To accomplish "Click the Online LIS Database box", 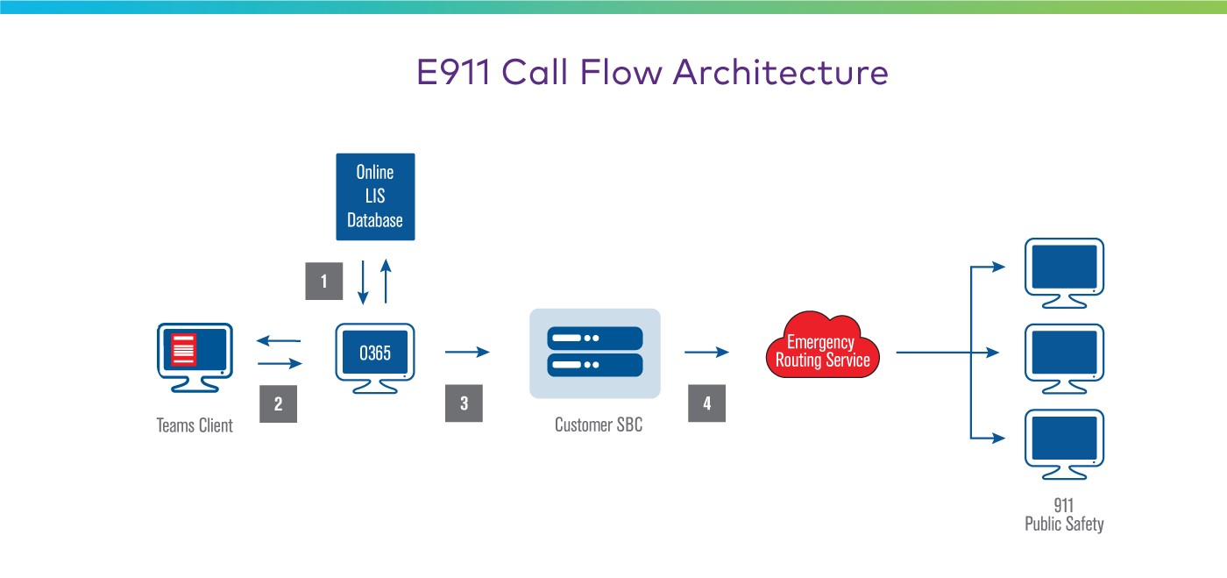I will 375,196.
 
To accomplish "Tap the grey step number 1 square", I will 323,282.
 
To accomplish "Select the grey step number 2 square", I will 278,404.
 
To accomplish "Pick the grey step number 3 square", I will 464,403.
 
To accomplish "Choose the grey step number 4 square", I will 706,403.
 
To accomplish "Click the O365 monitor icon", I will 375,355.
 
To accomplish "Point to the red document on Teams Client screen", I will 183,348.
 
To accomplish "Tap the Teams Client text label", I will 195,426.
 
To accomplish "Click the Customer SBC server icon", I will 595,353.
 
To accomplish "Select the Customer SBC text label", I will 598,425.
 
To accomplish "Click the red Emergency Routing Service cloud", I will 821,350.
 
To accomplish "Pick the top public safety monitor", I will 1064,269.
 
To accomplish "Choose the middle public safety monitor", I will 1064,354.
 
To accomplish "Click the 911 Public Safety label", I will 1064,516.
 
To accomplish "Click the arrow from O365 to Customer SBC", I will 466,353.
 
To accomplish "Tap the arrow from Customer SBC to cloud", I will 706,353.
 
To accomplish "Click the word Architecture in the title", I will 780,72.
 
